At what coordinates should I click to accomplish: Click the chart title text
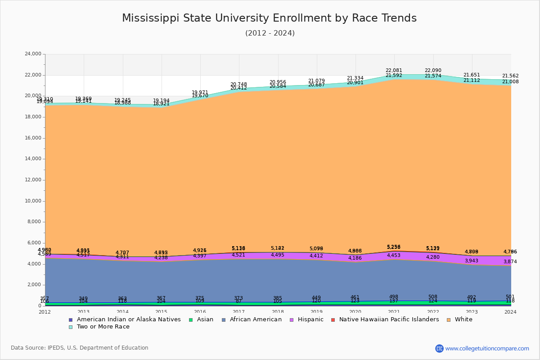(x=269, y=18)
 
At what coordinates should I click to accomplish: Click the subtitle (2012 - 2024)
(x=270, y=33)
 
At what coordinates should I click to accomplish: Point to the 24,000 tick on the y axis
(x=33, y=54)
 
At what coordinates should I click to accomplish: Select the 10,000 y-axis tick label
(x=33, y=201)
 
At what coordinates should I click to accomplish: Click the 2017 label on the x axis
(x=239, y=312)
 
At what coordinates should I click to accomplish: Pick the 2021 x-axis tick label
(x=394, y=312)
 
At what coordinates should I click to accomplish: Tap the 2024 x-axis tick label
(x=510, y=312)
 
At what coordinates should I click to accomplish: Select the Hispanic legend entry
(x=307, y=319)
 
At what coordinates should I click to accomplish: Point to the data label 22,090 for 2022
(x=433, y=71)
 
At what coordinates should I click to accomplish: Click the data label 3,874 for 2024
(x=510, y=262)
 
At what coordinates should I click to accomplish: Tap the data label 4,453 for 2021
(x=394, y=256)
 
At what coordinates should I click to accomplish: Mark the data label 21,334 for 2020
(x=355, y=78)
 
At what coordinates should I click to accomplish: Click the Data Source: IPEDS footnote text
(x=80, y=348)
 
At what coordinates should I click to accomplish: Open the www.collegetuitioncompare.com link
(x=487, y=348)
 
